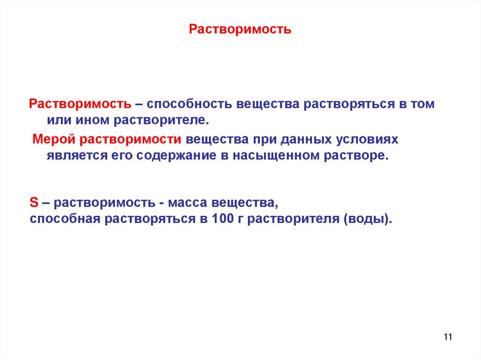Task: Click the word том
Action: pos(423,104)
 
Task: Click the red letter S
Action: pos(33,203)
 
